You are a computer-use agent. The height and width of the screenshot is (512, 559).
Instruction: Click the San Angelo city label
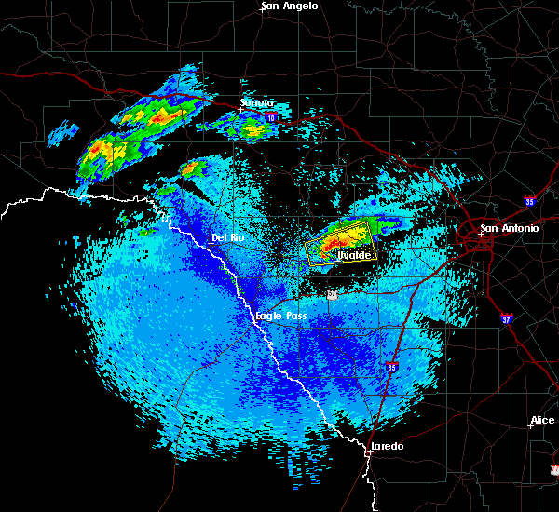[x=289, y=7]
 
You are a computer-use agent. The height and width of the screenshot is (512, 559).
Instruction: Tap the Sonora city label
[x=256, y=102]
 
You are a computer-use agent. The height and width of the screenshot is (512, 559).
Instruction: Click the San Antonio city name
[x=509, y=228]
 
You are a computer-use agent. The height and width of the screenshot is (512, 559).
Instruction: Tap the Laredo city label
[x=387, y=447]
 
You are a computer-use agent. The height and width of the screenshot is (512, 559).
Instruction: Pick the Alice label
[x=541, y=421]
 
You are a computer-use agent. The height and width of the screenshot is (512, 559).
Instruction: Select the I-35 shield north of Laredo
[x=392, y=369]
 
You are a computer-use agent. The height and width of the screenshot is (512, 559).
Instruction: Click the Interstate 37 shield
[x=505, y=318]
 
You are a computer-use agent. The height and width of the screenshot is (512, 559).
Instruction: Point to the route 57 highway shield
[x=332, y=294]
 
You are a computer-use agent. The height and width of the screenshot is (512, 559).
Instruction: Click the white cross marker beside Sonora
[x=240, y=110]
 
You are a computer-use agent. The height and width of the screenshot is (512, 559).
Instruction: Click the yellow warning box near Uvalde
[x=338, y=244]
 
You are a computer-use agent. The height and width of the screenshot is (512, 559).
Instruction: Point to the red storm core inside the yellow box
[x=330, y=248]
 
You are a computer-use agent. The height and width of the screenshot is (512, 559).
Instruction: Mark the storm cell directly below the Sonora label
[x=252, y=129]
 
